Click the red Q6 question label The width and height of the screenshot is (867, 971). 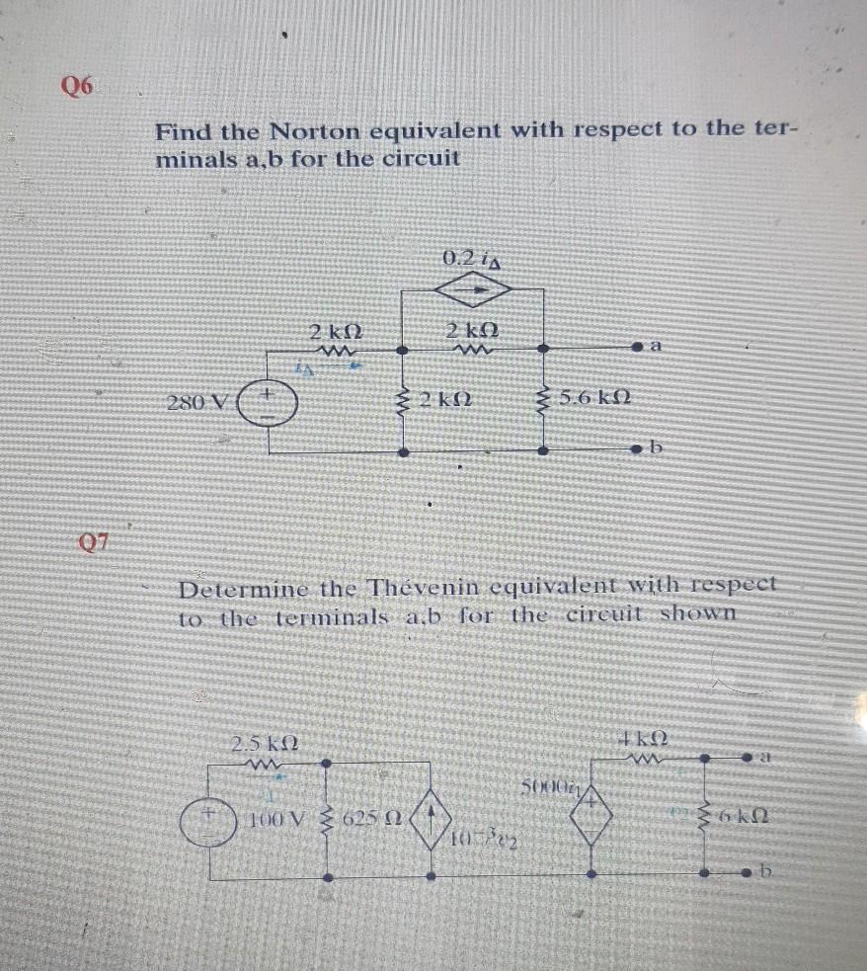[x=78, y=86]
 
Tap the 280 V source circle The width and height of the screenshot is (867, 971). [x=265, y=403]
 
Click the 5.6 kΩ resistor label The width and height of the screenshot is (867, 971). [x=596, y=399]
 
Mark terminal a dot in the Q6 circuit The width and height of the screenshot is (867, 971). [x=639, y=349]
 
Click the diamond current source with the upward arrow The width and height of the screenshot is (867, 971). [x=431, y=820]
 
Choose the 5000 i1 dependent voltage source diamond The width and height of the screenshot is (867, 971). [x=591, y=820]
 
